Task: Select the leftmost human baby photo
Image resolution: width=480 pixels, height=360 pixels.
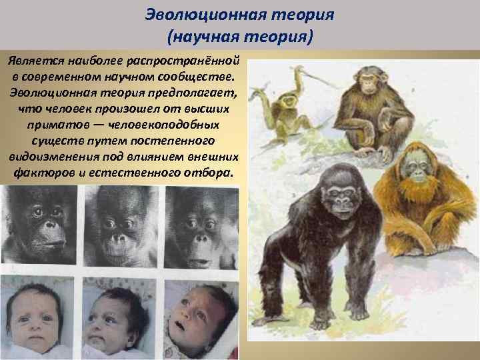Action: click(x=37, y=317)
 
